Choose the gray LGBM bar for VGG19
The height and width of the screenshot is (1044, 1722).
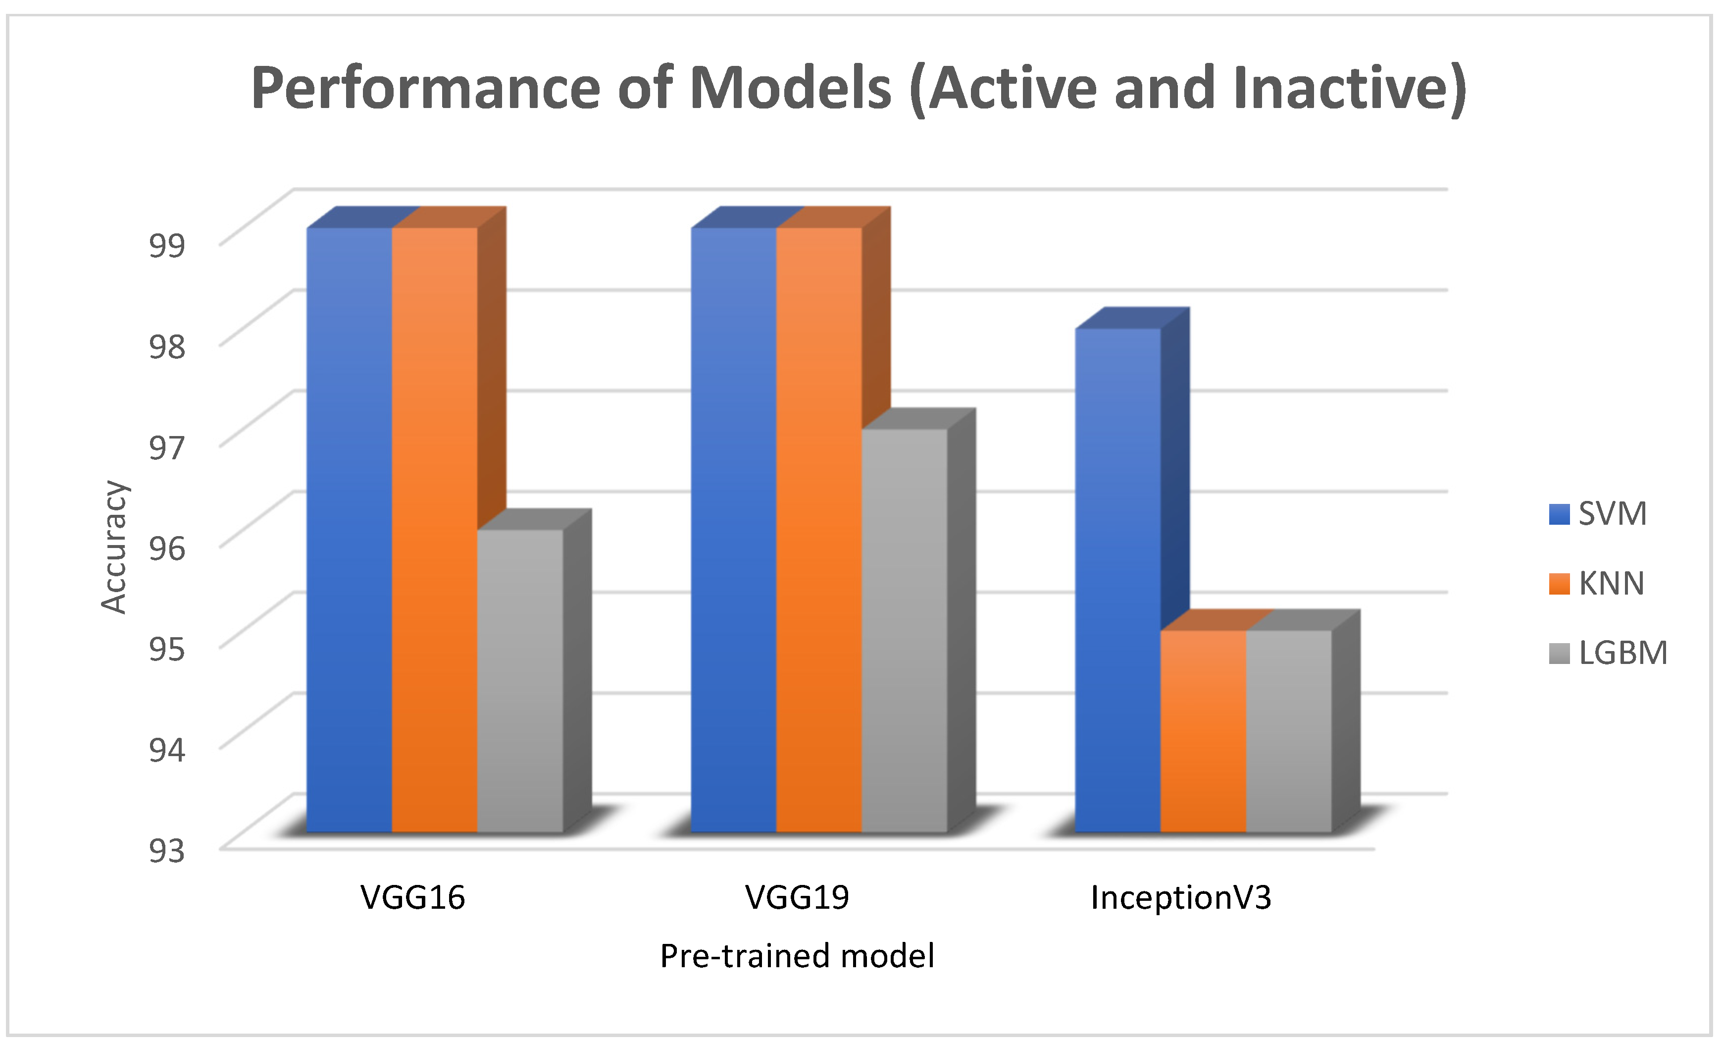(x=905, y=629)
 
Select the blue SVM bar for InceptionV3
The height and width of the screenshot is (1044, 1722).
(x=1117, y=580)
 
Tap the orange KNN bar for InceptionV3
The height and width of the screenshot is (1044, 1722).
(x=1203, y=731)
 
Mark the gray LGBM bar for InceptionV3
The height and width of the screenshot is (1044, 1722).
(x=1289, y=731)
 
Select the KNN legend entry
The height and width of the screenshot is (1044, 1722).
(x=1596, y=583)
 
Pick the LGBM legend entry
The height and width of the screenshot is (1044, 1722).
(x=1608, y=653)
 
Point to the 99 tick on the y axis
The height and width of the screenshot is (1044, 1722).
(x=167, y=245)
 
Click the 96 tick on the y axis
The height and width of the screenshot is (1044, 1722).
(x=167, y=548)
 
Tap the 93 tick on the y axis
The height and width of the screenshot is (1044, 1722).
(x=167, y=850)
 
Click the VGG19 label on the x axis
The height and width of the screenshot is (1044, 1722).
(x=797, y=897)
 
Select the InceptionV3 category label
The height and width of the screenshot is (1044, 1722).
(x=1180, y=897)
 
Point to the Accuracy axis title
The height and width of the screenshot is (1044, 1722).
(x=113, y=547)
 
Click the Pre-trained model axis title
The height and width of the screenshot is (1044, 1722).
(x=797, y=956)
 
